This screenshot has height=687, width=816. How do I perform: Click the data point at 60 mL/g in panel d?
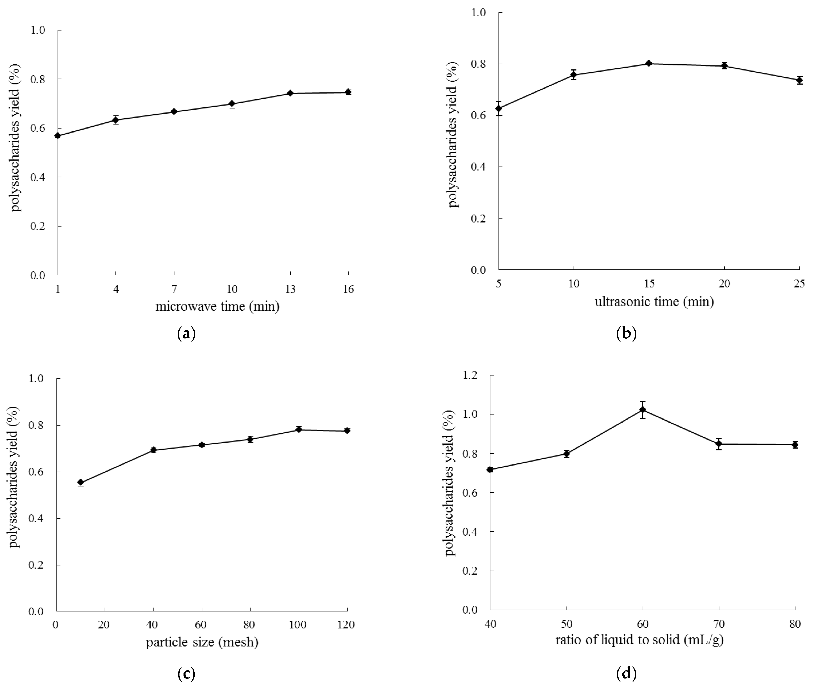(643, 410)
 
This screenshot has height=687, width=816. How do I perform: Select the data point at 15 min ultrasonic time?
(649, 64)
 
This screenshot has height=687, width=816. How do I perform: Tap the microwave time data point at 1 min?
(58, 136)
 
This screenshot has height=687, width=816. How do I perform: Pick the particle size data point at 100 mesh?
(299, 430)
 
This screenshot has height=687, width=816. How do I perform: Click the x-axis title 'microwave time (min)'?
(217, 307)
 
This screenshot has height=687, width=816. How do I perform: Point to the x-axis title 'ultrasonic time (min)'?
(654, 302)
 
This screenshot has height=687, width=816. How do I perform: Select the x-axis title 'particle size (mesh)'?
(202, 642)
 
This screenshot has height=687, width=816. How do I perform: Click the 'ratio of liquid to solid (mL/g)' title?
(639, 640)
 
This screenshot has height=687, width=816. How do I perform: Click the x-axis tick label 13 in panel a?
(290, 289)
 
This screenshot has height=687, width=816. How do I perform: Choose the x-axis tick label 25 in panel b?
(799, 284)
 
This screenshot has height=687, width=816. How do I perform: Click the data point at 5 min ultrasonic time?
(499, 108)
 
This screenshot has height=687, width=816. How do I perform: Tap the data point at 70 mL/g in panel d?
(719, 444)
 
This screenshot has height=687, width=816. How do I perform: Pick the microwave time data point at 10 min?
(232, 104)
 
